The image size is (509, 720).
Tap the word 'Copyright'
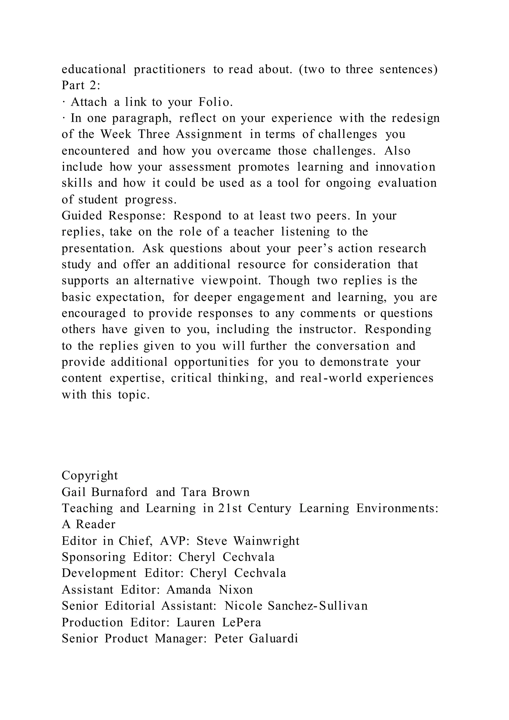pos(90,475)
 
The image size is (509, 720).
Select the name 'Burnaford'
pos(119,492)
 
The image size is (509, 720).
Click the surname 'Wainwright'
pos(266,541)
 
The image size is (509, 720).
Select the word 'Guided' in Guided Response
pos(82,216)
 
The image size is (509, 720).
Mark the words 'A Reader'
pos(89,524)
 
